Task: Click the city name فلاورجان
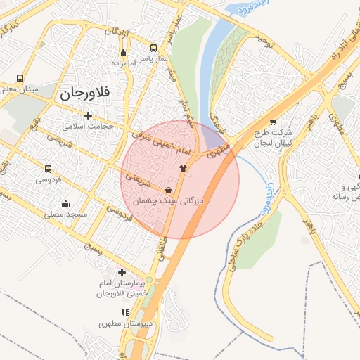[95, 93]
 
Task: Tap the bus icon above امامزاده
[124, 52]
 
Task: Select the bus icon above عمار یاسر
[154, 49]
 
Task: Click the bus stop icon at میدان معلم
[20, 78]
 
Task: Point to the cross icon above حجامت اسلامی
[88, 115]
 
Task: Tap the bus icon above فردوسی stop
[48, 169]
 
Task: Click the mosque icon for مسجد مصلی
[65, 204]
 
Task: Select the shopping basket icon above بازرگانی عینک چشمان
[168, 191]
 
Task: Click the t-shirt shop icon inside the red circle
[183, 168]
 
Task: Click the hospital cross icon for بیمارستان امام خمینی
[122, 272]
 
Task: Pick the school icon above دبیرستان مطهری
[125, 312]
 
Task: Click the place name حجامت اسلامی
[88, 126]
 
